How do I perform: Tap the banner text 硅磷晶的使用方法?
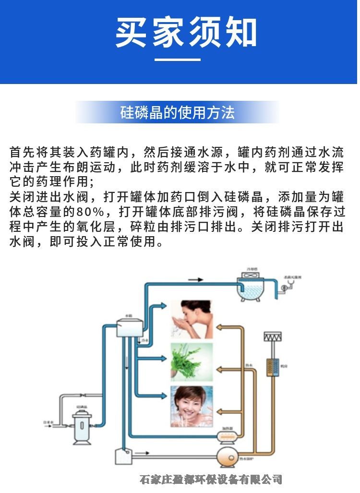[x=177, y=113]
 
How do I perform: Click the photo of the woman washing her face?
[x=192, y=319]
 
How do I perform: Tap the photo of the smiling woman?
[x=192, y=406]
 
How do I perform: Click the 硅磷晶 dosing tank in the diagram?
[x=81, y=427]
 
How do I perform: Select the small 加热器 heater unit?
[x=228, y=436]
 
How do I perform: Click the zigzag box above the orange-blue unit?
[x=272, y=337]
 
